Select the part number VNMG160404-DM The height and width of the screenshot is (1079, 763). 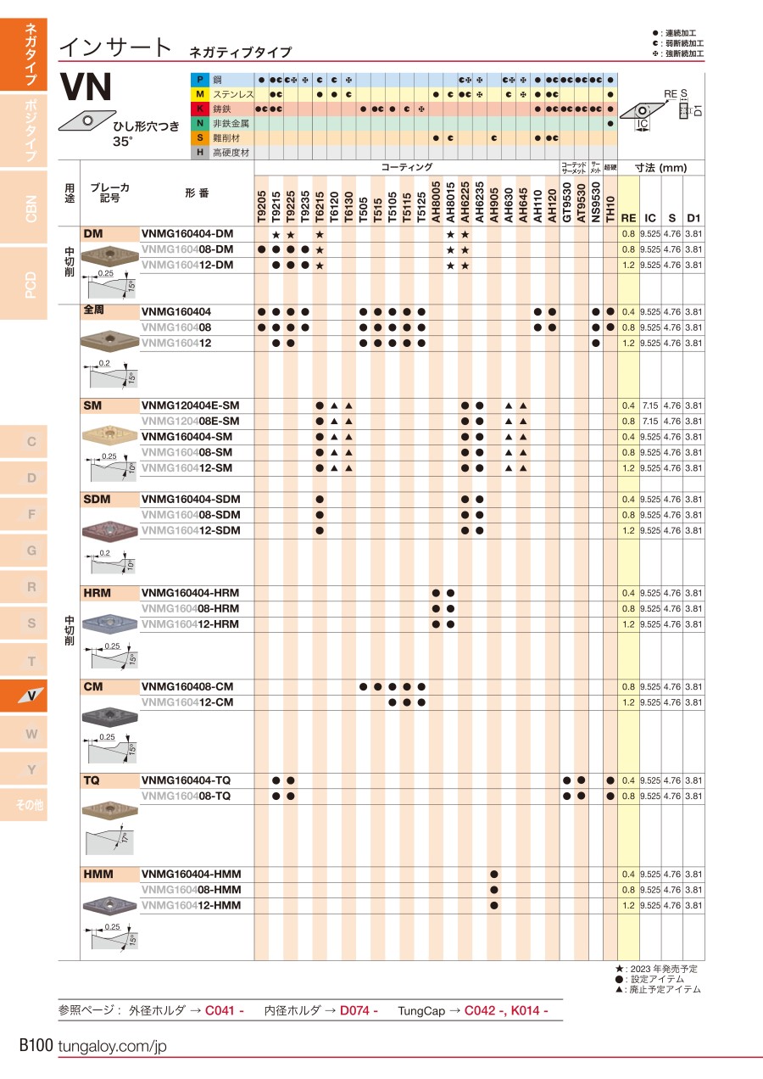coord(187,233)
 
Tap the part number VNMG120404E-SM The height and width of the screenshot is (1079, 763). coord(191,405)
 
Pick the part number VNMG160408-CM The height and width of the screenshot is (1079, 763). coord(187,686)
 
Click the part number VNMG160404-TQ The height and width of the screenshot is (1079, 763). coord(186,780)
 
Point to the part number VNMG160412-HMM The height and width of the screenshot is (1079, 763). coord(191,905)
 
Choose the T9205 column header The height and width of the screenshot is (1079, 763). coord(262,206)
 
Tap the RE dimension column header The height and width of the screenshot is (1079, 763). coord(628,217)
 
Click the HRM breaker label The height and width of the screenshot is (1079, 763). coord(97,592)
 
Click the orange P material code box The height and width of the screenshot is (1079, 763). coord(199,80)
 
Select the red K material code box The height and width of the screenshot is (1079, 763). coord(199,109)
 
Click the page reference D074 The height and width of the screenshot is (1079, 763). coord(359,1010)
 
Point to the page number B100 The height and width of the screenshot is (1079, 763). coord(36,1045)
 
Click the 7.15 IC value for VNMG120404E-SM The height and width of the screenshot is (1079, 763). coord(649,405)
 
